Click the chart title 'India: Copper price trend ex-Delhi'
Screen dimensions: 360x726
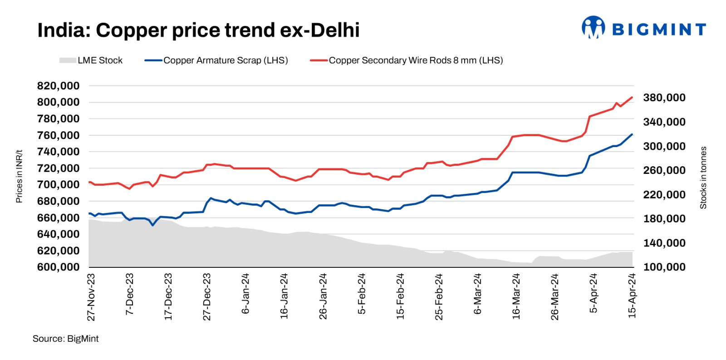tap(198, 30)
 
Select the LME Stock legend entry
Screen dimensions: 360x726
tap(91, 60)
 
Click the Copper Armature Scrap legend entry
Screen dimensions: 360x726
tap(216, 60)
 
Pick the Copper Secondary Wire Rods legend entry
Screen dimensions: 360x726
tap(407, 60)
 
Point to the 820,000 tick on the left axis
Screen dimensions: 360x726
tap(58, 86)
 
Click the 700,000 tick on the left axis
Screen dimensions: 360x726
tap(58, 185)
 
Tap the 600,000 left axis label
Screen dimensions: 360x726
tap(58, 267)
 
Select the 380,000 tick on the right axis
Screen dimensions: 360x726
tap(664, 98)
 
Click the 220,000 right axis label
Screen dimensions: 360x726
tap(664, 195)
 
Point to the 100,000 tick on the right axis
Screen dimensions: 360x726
tap(664, 267)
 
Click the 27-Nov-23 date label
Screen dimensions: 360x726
tap(91, 297)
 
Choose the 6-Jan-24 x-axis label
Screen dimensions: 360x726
tap(245, 293)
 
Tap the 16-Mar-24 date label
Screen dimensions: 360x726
tap(516, 296)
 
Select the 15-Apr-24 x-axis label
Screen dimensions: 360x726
tap(632, 296)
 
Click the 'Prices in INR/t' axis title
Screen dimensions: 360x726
tap(19, 176)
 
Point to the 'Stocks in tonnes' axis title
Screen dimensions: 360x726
tap(703, 178)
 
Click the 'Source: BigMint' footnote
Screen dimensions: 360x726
tap(65, 339)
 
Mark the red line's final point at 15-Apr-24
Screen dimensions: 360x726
tap(632, 97)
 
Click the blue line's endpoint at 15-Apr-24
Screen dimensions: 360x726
tap(632, 134)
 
